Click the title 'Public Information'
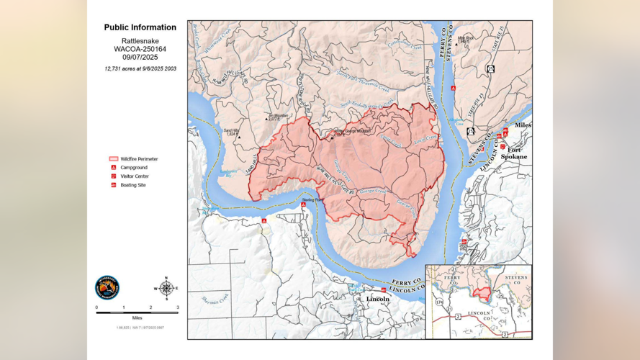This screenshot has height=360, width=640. pos(140,27)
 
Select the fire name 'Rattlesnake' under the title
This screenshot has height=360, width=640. pos(140,40)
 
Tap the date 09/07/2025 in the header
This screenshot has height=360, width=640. pos(140,57)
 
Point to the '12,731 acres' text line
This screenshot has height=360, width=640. pos(140,68)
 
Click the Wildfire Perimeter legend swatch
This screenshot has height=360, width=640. pos(113,159)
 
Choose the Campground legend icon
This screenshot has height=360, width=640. pos(113,168)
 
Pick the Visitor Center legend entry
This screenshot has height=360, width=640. pos(134,176)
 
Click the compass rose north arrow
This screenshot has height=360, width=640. pos(166,288)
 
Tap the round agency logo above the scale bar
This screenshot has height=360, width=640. pos(107,287)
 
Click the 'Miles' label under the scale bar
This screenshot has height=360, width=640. pos(137,318)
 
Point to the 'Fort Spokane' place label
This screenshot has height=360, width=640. pos(514,153)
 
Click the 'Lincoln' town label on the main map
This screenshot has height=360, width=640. pos(378,299)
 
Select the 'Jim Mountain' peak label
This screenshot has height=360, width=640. pos(277,116)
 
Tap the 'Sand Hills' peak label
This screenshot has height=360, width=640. pos(231,132)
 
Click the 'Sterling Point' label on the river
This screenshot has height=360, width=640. pos(310,199)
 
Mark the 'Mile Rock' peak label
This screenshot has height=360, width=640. pos(466,39)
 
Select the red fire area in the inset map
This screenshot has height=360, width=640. pos(484,294)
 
